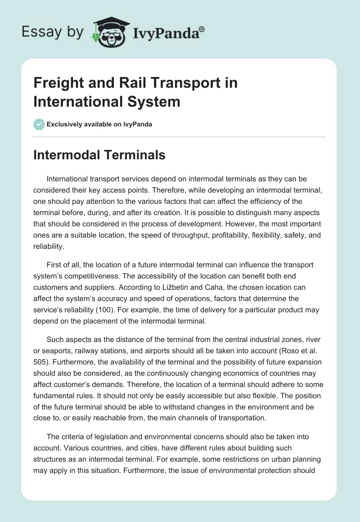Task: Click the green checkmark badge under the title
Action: click(x=39, y=124)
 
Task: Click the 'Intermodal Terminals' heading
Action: click(x=99, y=155)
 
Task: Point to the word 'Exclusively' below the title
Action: click(x=64, y=124)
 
